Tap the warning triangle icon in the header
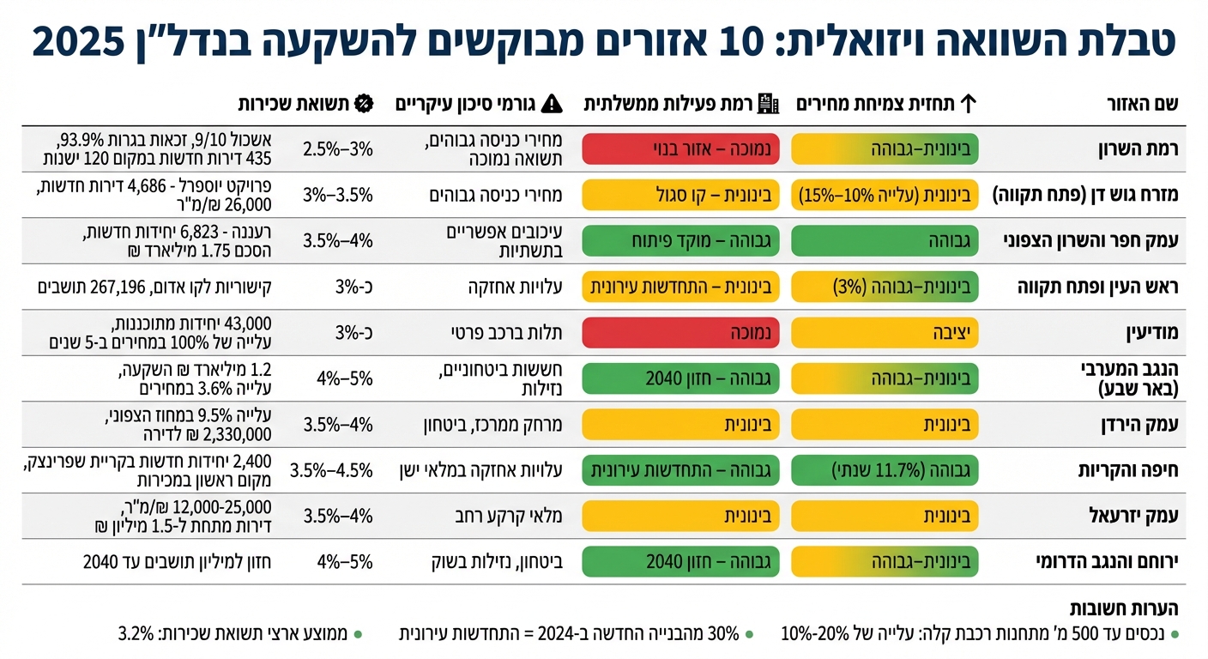553,105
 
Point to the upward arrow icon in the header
968,105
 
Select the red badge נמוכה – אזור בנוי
680,148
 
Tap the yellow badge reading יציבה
885,332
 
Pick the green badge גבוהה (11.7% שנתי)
885,469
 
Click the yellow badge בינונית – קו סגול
680,195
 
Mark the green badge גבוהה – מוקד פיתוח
680,241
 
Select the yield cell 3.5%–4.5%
331,469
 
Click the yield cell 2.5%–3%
338,148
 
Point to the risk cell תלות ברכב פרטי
507,332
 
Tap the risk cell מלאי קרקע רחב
510,516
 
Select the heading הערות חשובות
1124,608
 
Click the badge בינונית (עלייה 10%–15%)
885,195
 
